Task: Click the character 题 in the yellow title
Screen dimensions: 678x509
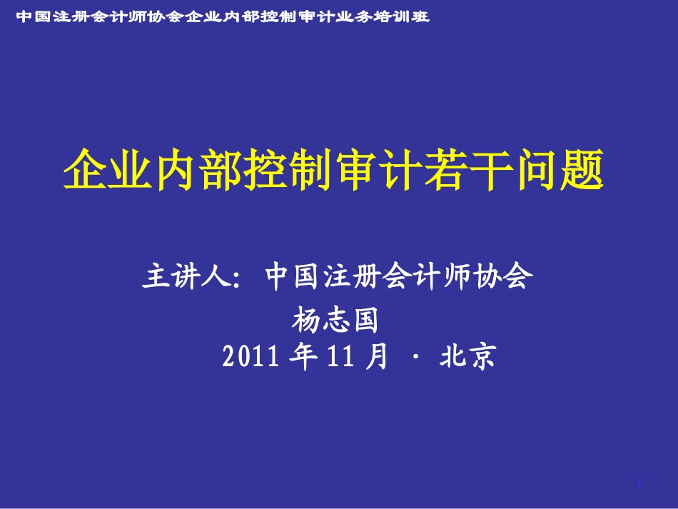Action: [582, 168]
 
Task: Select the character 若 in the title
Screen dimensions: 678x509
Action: [446, 168]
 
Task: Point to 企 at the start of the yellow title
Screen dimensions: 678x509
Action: [86, 168]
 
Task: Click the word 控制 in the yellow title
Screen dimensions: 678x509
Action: [288, 168]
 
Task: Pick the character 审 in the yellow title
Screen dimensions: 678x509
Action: [356, 168]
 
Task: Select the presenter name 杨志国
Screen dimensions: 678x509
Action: [335, 320]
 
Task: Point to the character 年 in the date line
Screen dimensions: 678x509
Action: [303, 356]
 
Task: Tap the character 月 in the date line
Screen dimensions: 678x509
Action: [376, 356]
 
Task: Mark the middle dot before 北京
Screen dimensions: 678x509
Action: [416, 357]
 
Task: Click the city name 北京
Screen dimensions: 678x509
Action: [468, 356]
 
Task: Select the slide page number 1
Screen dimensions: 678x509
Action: [639, 483]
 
